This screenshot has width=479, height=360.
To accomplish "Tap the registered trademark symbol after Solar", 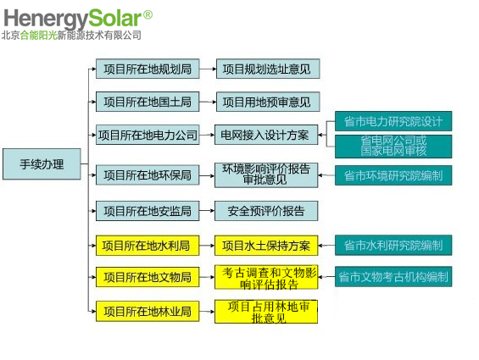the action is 148,14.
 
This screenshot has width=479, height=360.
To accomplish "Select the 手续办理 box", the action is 42,164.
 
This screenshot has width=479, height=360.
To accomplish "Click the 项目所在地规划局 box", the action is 148,69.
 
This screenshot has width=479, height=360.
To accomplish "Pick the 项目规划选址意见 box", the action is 268,69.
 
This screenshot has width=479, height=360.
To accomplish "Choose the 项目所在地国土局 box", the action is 148,102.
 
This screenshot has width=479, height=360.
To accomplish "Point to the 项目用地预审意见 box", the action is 268,102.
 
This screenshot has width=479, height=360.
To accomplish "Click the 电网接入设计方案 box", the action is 266,135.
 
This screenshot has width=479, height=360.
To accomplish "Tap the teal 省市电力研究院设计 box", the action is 393,121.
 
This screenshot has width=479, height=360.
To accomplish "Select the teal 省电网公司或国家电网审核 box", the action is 393,147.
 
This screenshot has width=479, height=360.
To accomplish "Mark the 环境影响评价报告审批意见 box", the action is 266,175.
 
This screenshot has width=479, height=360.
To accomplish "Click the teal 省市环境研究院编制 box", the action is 393,175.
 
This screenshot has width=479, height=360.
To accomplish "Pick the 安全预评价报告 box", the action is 266,211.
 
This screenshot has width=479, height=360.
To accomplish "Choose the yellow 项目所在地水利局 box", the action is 148,246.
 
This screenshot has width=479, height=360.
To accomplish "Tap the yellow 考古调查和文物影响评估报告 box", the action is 266,277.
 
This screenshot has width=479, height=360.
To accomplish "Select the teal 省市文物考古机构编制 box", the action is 393,277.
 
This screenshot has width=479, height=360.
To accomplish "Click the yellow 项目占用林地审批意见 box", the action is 266,312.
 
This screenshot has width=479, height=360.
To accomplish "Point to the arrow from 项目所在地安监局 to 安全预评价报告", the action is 207,211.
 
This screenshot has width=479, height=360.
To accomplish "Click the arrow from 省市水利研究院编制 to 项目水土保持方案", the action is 326,245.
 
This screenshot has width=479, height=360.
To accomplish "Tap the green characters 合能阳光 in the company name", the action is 39,35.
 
